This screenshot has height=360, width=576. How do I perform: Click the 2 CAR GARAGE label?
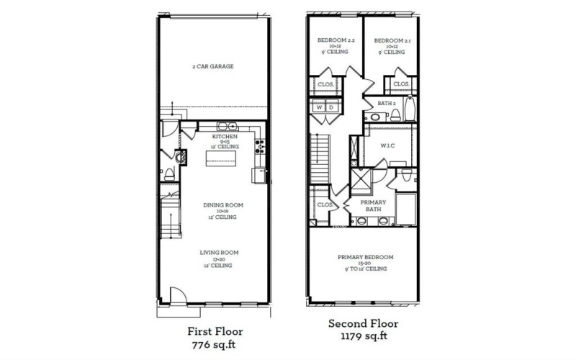tap(212, 66)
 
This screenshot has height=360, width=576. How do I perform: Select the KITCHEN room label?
tap(225, 135)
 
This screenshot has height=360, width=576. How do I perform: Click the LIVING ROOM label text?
tap(219, 253)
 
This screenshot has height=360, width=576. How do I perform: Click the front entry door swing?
tap(175, 295)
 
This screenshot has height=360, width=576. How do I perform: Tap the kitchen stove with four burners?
tap(261, 145)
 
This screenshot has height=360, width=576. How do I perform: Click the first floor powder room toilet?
tap(168, 174)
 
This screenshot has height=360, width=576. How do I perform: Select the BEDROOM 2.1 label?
tap(390, 41)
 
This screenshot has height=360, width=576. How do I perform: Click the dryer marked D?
tap(332, 108)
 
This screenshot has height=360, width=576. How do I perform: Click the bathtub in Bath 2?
tap(409, 109)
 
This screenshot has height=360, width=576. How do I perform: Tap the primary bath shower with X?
tap(361, 176)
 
